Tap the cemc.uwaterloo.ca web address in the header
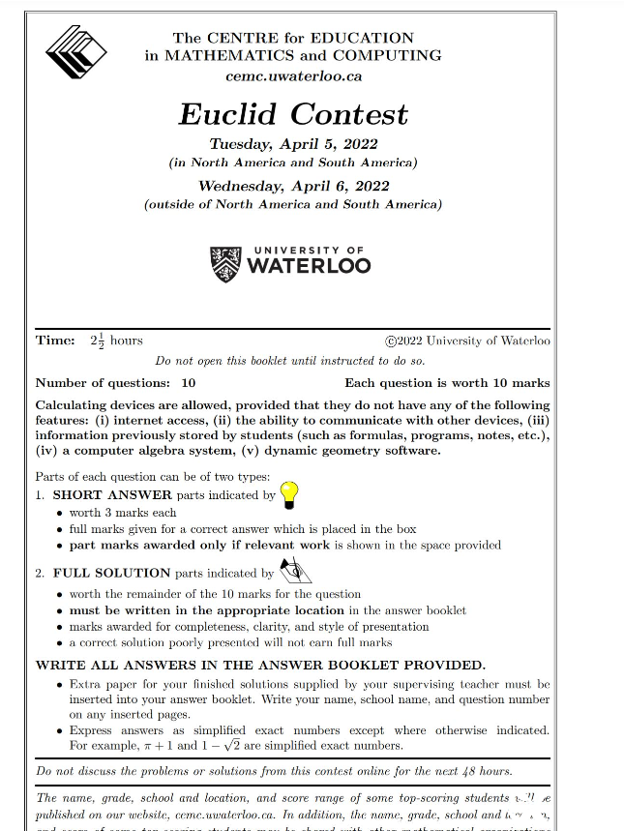coord(293,75)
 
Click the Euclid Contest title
coord(293,113)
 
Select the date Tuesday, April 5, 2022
coord(293,145)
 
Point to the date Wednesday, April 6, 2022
coord(293,186)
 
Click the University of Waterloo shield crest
coord(224,263)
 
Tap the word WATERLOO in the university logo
coord(309,266)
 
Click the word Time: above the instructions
coord(55,341)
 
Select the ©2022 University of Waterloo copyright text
coord(467,341)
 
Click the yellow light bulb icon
coord(288,493)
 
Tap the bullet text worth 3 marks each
coord(123,513)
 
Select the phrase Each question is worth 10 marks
coord(447,383)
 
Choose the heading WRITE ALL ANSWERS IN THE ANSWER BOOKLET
coord(260,666)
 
